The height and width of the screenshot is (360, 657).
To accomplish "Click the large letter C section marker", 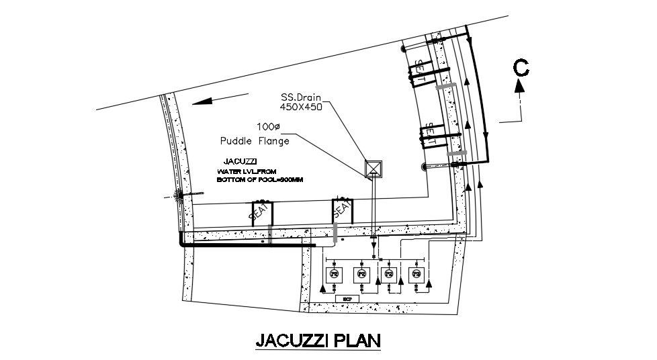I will tap(522, 67).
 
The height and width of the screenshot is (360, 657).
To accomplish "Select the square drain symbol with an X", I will tap(372, 169).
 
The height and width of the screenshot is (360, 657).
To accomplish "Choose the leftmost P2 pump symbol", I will tap(333, 274).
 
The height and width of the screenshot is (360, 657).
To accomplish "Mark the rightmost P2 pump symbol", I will tap(417, 274).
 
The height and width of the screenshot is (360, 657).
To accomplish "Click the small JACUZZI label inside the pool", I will tap(238, 162).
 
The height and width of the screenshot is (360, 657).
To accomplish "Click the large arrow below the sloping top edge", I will tap(210, 101).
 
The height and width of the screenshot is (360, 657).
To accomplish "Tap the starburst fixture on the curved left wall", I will tap(179, 195).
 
